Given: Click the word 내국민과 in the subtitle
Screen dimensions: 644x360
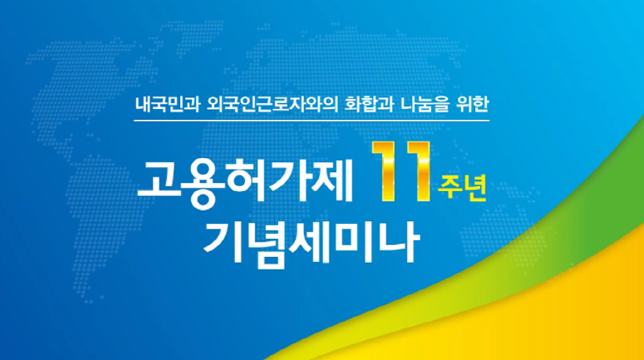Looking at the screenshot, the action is (x=167, y=105).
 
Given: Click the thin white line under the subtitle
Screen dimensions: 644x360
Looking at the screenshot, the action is (x=312, y=120).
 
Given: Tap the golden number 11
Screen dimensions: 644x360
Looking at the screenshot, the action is (x=401, y=171).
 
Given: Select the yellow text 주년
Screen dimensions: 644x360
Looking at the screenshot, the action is (x=462, y=188).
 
